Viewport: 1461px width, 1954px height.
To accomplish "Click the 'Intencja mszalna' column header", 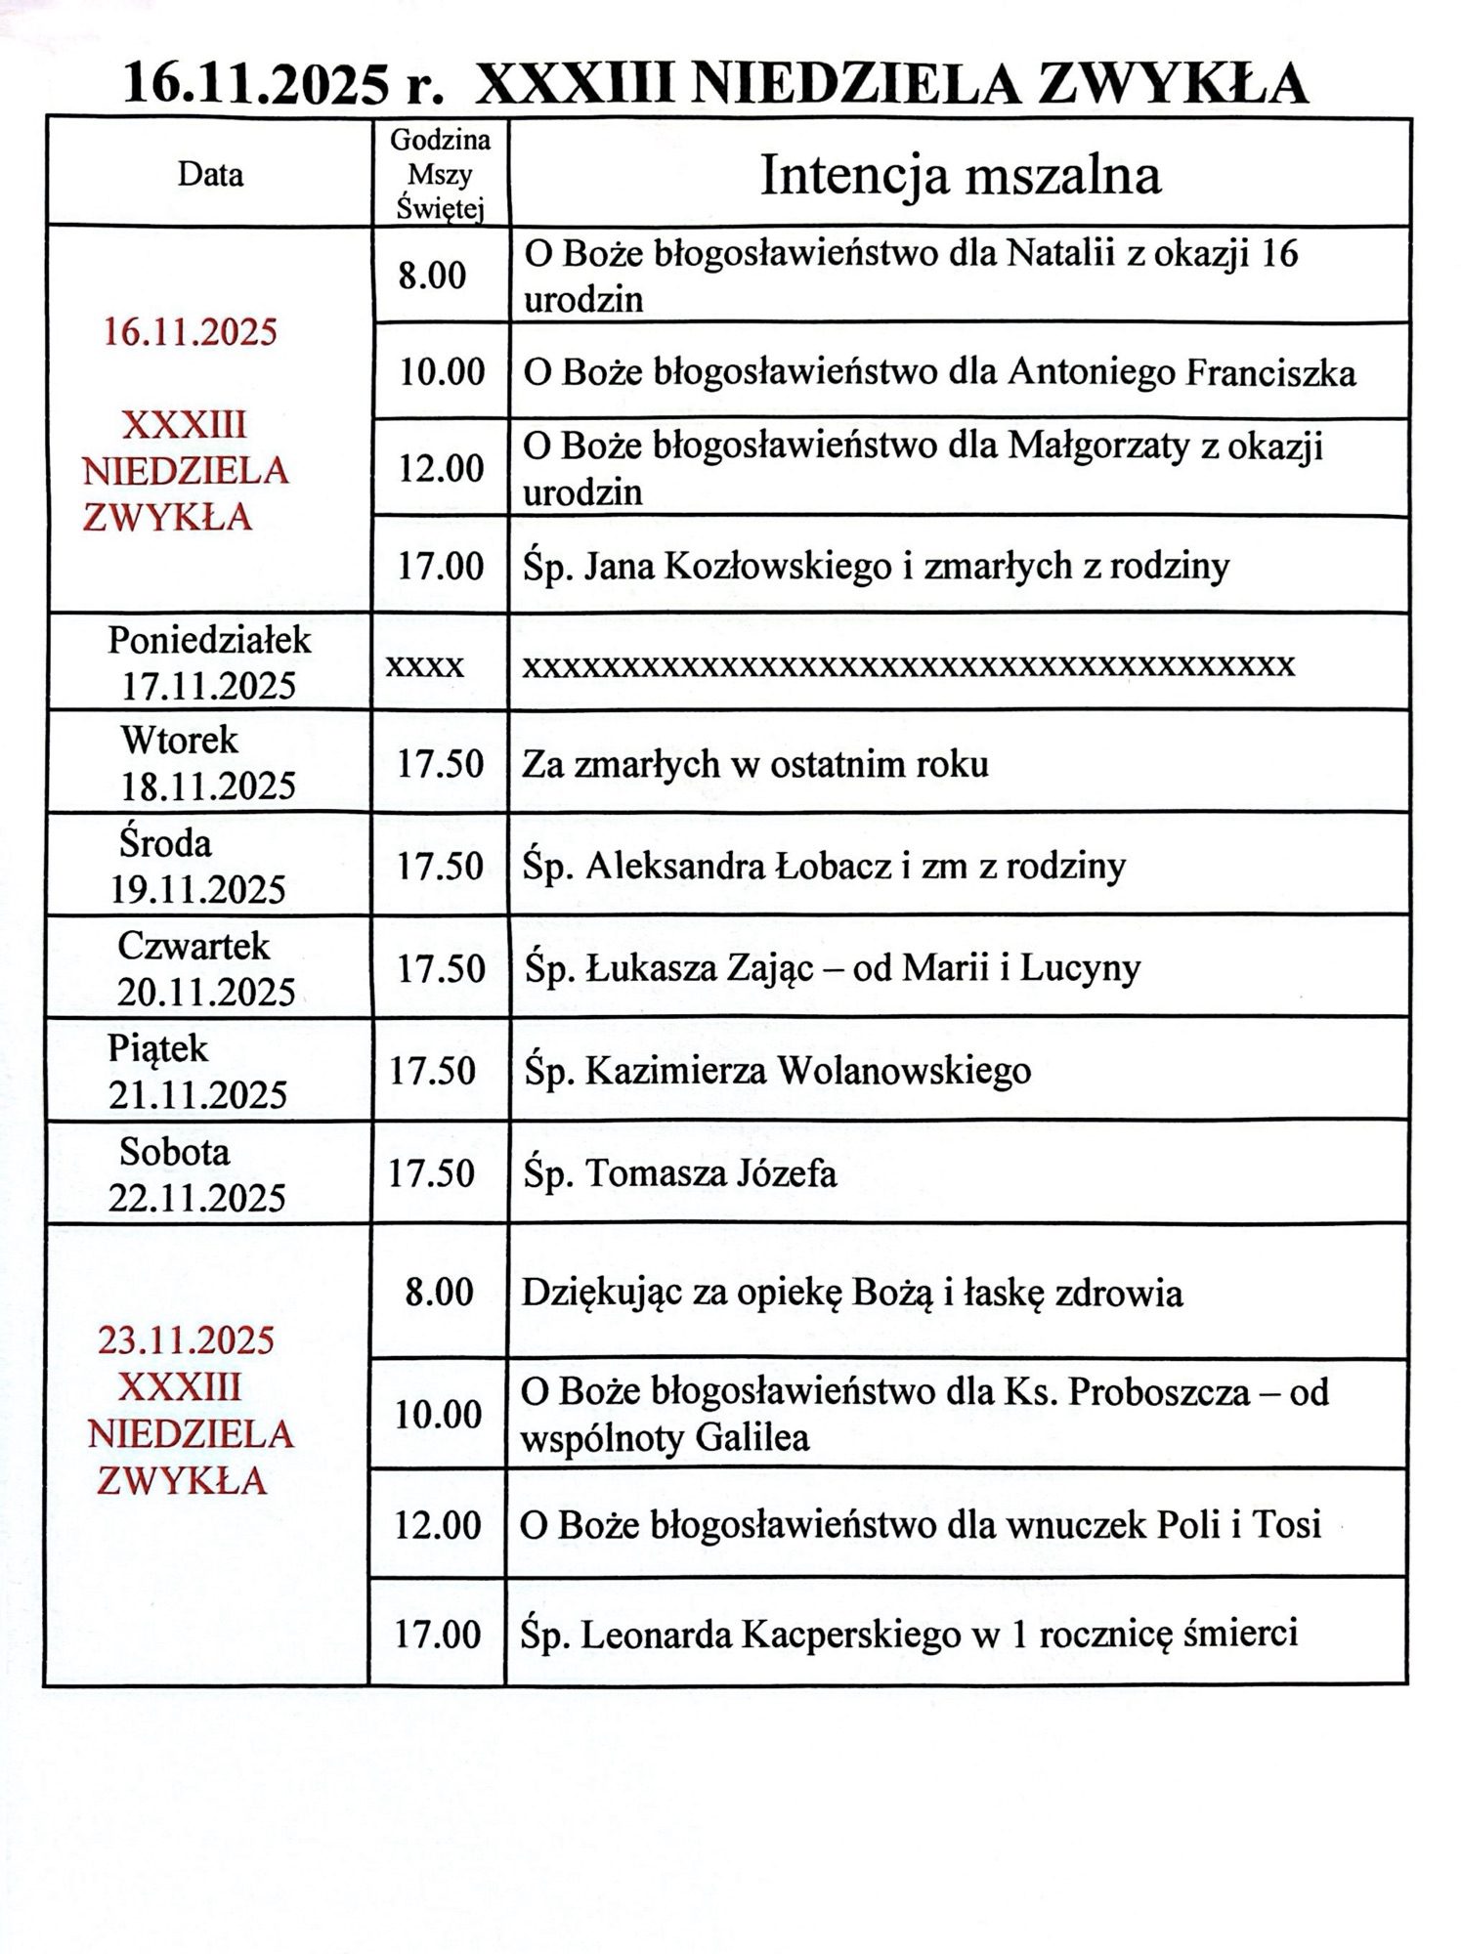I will tap(960, 177).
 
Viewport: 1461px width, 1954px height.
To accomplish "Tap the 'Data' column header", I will tap(210, 175).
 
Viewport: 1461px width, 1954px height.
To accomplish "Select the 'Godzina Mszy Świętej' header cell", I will tap(441, 176).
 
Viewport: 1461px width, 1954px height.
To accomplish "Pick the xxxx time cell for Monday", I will tap(425, 666).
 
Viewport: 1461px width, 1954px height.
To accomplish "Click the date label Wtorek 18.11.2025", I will tap(207, 763).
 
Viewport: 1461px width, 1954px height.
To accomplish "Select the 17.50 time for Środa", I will tap(440, 867).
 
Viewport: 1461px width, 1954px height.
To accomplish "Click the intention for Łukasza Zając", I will tap(831, 968).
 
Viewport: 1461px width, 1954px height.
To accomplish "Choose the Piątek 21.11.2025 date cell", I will tap(197, 1072).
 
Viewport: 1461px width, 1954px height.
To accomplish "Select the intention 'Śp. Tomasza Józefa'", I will tap(680, 1173).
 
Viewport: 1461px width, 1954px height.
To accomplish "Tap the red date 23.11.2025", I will tap(186, 1340).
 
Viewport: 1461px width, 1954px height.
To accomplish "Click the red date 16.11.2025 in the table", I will tap(191, 333).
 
